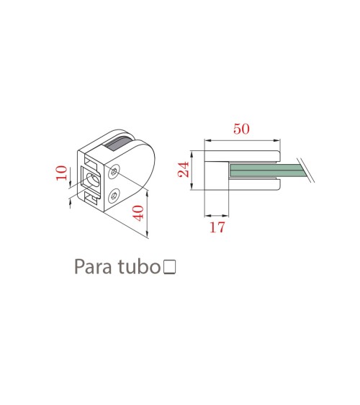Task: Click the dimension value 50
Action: (241, 129)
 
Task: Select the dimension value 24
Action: (184, 170)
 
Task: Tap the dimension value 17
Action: (217, 227)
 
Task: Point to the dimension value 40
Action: (138, 213)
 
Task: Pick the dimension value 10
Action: (61, 173)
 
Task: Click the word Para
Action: (93, 267)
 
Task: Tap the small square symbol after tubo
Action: (169, 267)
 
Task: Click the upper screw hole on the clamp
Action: (114, 171)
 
